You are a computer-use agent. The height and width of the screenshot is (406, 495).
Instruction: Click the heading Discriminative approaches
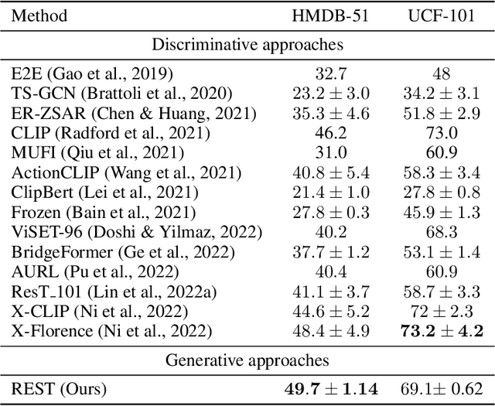pyautogui.click(x=247, y=45)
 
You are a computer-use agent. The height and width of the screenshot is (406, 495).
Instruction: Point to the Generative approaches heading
pyautogui.click(x=247, y=360)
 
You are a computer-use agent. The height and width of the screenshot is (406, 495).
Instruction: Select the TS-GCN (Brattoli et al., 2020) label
pyautogui.click(x=121, y=92)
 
